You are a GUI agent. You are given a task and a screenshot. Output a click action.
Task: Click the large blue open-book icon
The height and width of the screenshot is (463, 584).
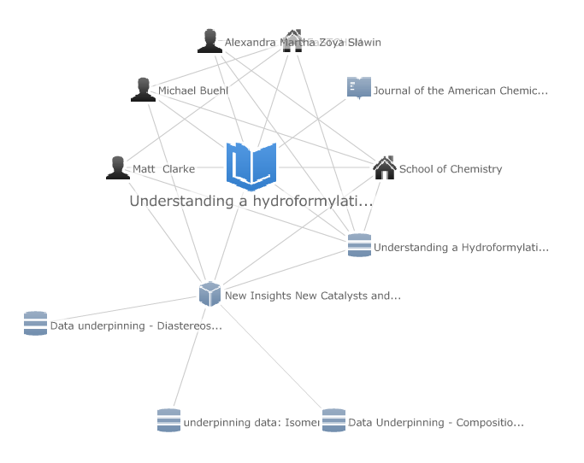click(x=251, y=165)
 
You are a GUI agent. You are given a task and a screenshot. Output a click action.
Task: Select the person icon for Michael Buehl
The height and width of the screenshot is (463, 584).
click(x=143, y=90)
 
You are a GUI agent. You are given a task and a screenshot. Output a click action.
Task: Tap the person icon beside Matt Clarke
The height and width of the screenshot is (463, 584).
click(x=118, y=168)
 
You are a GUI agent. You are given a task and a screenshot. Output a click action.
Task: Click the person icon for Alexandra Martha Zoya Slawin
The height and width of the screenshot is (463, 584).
click(x=209, y=41)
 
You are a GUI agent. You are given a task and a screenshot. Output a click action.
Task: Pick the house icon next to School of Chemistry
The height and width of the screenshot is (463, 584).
click(x=385, y=168)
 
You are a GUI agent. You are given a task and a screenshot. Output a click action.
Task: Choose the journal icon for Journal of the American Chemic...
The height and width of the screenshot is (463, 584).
click(x=359, y=88)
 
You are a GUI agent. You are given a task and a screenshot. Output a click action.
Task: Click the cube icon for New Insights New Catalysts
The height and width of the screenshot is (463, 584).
click(x=209, y=294)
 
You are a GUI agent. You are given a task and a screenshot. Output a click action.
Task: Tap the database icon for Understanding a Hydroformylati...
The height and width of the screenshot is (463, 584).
click(x=359, y=246)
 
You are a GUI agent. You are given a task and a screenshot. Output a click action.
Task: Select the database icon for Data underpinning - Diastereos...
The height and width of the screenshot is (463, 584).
click(x=35, y=324)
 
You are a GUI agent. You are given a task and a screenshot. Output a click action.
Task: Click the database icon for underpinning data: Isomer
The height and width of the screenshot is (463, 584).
click(x=168, y=420)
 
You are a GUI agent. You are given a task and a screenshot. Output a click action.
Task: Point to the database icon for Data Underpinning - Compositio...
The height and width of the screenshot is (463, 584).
click(x=333, y=420)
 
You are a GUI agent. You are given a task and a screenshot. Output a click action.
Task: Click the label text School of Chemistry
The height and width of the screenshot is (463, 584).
click(x=451, y=169)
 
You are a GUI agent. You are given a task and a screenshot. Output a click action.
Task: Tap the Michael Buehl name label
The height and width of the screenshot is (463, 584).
click(x=187, y=91)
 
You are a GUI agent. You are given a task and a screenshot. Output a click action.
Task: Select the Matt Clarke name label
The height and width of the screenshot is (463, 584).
click(x=163, y=169)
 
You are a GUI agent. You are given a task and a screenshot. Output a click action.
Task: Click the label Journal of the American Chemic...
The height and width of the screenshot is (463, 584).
click(x=460, y=91)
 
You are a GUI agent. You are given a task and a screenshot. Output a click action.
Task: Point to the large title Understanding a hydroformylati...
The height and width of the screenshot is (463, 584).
click(x=251, y=202)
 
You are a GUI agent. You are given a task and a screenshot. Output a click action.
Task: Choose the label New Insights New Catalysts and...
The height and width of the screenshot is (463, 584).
click(x=313, y=296)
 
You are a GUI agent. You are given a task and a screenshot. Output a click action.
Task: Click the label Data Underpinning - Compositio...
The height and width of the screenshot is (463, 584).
click(x=436, y=423)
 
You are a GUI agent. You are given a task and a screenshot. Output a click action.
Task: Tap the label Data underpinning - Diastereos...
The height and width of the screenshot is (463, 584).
click(x=136, y=325)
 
